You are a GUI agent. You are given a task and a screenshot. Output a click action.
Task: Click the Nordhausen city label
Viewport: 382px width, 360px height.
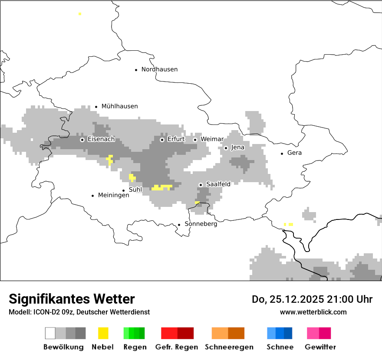[x=159, y=69]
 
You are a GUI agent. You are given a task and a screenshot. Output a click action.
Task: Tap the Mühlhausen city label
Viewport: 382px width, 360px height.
[x=119, y=106]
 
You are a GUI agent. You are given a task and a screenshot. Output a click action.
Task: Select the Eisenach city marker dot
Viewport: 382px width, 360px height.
[x=82, y=140]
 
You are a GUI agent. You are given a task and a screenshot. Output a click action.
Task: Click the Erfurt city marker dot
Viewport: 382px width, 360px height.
[x=162, y=140]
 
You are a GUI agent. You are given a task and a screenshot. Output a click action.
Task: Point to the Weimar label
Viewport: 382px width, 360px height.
[x=212, y=139]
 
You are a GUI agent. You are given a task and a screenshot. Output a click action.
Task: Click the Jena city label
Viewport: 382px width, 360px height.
[x=237, y=147]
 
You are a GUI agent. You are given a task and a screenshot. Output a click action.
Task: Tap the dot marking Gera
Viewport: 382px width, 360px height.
[x=282, y=153]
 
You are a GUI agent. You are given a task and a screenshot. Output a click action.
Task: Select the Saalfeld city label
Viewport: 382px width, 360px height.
[x=218, y=184]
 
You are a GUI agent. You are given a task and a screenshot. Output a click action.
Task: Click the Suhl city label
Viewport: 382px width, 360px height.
[x=135, y=190]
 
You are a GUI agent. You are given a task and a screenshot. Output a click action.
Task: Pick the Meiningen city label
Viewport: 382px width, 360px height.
[x=113, y=196]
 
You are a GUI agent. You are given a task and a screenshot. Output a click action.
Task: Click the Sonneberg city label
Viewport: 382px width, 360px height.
[x=201, y=224]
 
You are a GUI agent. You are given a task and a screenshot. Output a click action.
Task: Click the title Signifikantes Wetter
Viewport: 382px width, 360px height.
[x=72, y=299]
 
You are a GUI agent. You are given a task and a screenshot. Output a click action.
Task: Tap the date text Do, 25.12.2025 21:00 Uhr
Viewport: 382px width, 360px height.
[x=312, y=299]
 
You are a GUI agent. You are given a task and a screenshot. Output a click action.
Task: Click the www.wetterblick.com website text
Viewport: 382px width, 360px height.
[x=313, y=312]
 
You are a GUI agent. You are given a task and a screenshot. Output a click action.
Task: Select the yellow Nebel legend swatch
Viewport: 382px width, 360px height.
[x=103, y=333]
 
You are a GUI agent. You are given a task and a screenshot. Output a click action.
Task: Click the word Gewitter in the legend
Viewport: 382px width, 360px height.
[x=320, y=347]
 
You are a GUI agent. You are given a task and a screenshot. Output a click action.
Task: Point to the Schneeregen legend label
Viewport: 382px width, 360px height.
[x=229, y=347]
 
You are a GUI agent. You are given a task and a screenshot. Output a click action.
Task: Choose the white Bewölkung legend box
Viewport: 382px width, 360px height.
[x=50, y=333]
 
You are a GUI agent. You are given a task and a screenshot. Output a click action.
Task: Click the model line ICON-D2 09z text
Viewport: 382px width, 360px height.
[x=79, y=312]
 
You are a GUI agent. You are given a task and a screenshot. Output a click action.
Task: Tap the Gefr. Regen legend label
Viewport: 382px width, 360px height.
[x=176, y=347]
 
